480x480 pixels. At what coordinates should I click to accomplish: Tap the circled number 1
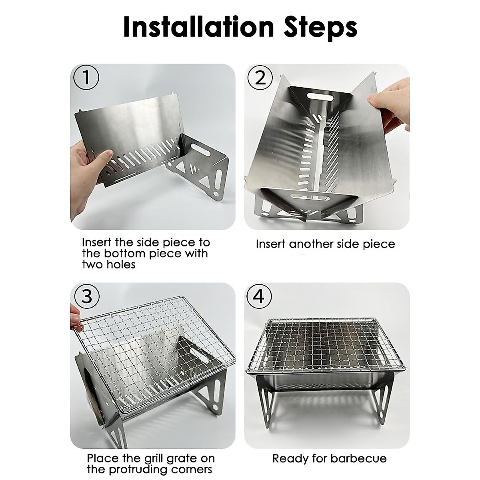tap(86, 78)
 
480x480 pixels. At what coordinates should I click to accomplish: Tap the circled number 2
tap(260, 78)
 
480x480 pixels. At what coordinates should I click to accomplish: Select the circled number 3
tap(86, 296)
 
